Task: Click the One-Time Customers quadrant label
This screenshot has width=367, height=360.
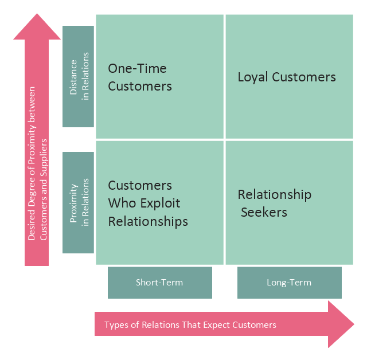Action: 139,77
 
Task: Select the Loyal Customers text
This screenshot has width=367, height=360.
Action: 287,77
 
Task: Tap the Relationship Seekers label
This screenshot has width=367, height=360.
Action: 274,204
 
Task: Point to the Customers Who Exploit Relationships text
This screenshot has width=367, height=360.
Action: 148,203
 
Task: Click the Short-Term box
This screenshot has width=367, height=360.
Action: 159,282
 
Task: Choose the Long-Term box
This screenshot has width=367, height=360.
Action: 289,282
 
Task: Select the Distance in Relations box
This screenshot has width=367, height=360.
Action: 78,76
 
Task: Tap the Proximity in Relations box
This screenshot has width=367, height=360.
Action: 78,202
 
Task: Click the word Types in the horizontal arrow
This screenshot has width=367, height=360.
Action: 116,325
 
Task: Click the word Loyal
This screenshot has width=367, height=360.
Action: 252,77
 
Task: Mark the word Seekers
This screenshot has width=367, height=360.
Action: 264,212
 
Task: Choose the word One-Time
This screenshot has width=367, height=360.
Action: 137,69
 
